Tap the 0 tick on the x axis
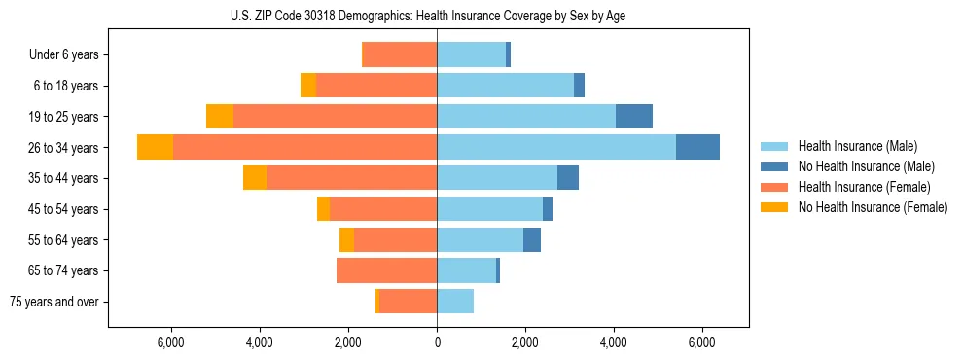click(x=437, y=342)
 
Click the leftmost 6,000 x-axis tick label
click(x=170, y=342)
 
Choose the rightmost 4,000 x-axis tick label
click(x=614, y=342)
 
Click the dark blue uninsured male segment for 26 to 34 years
click(x=697, y=147)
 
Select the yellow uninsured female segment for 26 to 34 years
click(x=155, y=147)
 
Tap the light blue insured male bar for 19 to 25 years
click(x=526, y=117)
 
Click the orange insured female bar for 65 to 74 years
click(x=386, y=270)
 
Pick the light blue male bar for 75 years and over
click(x=455, y=302)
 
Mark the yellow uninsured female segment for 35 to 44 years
click(x=255, y=178)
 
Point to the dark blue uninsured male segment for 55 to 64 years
click(x=532, y=240)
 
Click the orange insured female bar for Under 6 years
click(x=399, y=55)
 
